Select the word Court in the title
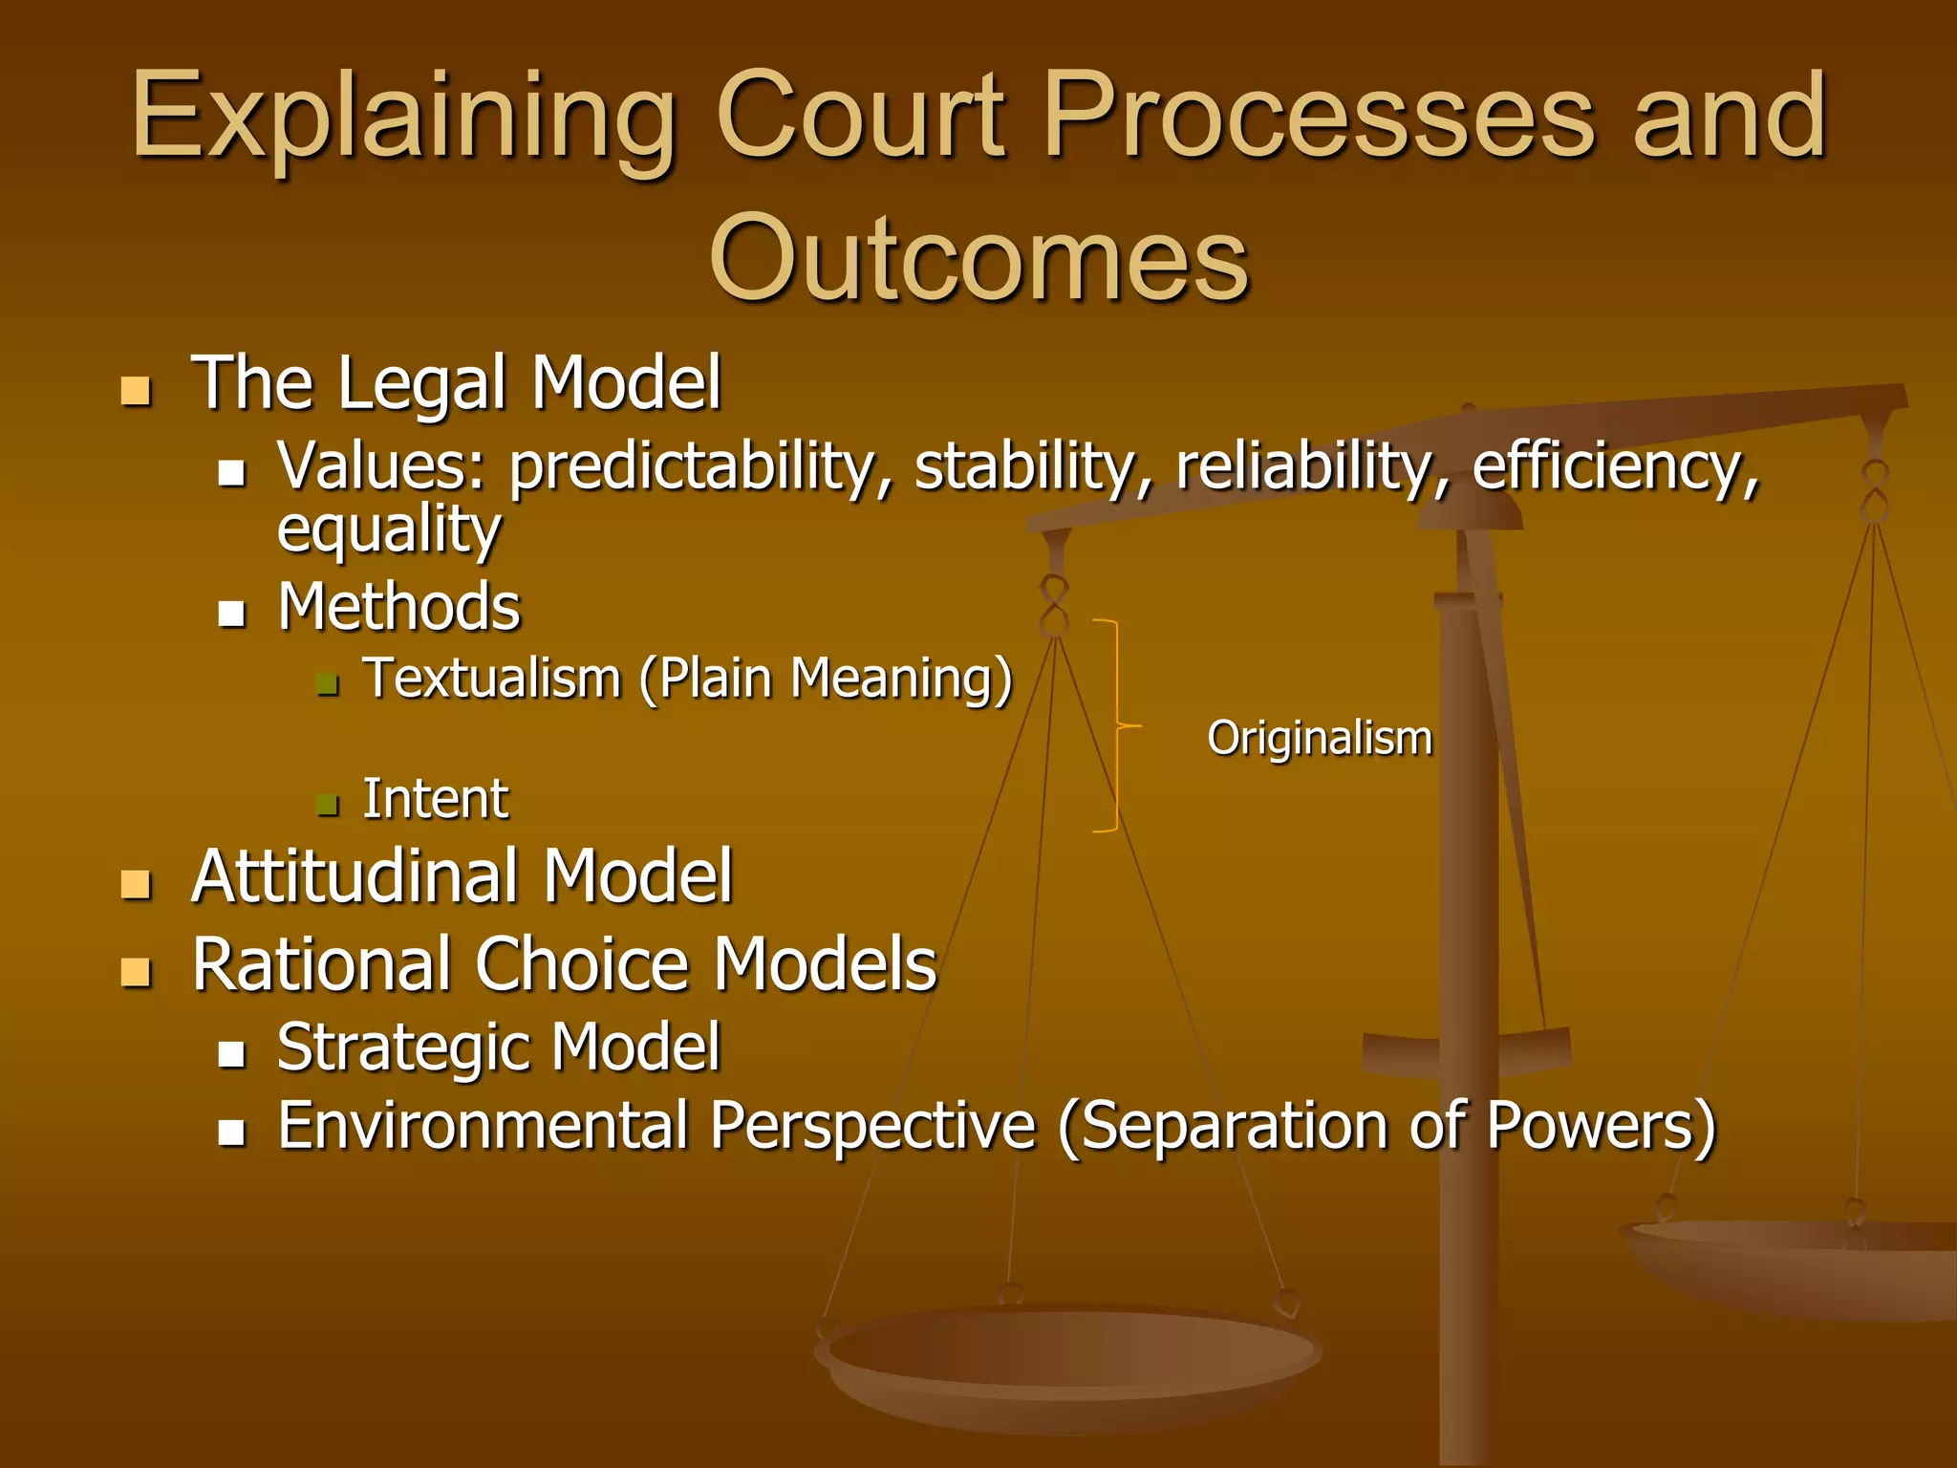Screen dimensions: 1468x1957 [x=860, y=117]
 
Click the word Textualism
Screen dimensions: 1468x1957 [x=493, y=679]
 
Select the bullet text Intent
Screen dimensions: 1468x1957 [x=436, y=799]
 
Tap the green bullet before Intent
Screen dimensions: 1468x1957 [x=328, y=804]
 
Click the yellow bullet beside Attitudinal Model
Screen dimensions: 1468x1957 [x=137, y=884]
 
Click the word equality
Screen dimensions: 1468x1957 [x=388, y=529]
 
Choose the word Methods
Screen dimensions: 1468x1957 [x=399, y=607]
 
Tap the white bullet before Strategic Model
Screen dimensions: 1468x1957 [x=232, y=1054]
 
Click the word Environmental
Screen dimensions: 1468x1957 [x=483, y=1125]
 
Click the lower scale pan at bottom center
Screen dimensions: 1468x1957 [x=1068, y=1357]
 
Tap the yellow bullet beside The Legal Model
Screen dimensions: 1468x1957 [x=137, y=391]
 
